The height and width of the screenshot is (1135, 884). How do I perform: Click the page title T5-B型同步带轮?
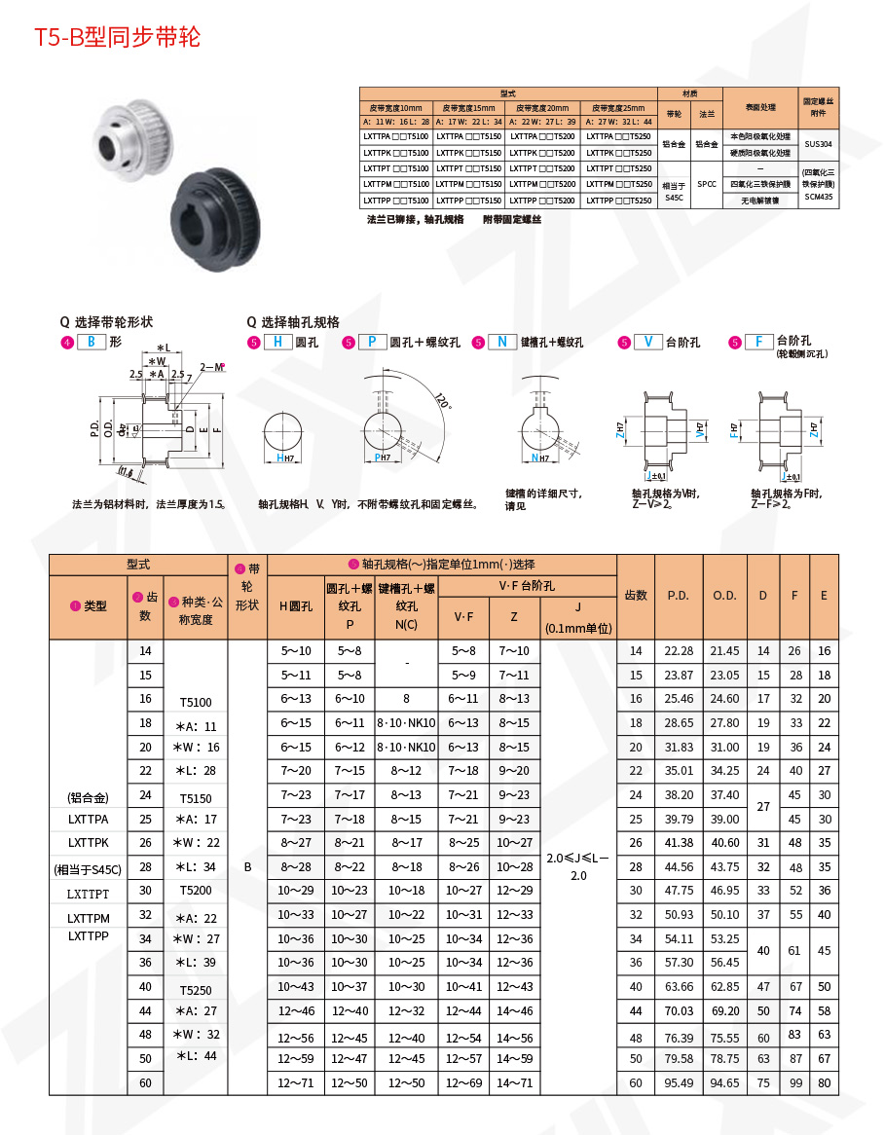[118, 38]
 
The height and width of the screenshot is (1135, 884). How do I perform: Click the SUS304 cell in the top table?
[819, 144]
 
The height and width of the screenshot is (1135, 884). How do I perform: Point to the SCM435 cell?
[819, 197]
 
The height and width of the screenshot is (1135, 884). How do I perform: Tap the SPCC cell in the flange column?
[707, 183]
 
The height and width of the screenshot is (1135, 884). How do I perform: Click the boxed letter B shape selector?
[92, 342]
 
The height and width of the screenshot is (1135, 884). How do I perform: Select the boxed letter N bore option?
[502, 342]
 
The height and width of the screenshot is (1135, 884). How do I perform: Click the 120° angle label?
[441, 402]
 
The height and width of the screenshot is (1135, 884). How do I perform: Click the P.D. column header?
[679, 595]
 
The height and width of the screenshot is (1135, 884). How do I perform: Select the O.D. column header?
[724, 595]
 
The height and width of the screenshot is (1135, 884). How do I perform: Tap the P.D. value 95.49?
[679, 1082]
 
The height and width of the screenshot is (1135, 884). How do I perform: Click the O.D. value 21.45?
[724, 651]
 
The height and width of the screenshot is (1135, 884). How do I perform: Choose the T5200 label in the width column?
[196, 890]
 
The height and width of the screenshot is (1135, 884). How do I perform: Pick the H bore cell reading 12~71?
[296, 1082]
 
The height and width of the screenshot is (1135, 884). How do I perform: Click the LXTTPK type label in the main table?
[89, 842]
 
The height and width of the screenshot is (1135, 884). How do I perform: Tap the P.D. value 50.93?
[679, 915]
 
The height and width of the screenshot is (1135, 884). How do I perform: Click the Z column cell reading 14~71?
[514, 1082]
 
